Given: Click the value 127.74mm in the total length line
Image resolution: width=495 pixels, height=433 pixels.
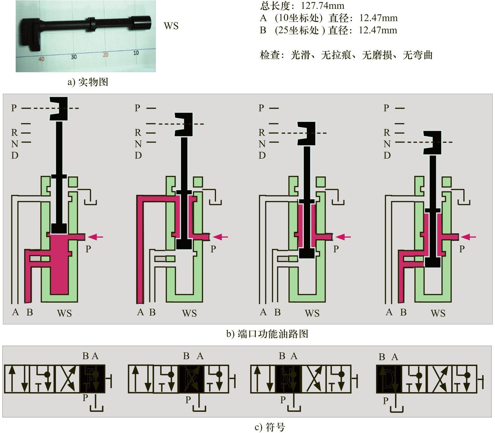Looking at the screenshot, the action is (322, 6).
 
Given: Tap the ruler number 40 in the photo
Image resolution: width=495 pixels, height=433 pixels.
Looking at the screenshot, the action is (41, 59).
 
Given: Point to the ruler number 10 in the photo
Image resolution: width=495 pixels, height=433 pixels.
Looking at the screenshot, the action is (136, 53).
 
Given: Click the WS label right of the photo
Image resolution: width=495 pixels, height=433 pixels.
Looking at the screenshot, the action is (171, 26).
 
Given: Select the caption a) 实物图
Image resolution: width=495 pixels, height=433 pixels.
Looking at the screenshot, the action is (88, 82).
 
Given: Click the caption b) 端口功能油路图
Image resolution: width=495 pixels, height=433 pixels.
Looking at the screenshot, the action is (267, 334).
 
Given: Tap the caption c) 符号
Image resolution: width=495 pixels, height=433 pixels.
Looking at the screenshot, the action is (270, 427).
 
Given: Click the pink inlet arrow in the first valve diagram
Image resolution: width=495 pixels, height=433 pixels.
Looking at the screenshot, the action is (95, 237).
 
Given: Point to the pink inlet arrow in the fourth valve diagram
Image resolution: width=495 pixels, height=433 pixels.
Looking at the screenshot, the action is (468, 237).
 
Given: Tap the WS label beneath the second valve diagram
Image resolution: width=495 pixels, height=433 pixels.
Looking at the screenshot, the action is (190, 313).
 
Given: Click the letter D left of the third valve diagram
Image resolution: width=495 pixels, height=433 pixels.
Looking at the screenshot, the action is (262, 155).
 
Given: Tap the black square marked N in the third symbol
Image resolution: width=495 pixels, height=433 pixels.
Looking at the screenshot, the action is (288, 379).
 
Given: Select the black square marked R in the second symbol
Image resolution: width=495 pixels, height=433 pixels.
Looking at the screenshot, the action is (191, 379).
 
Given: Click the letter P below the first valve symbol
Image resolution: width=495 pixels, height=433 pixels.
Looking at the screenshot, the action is (85, 397).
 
